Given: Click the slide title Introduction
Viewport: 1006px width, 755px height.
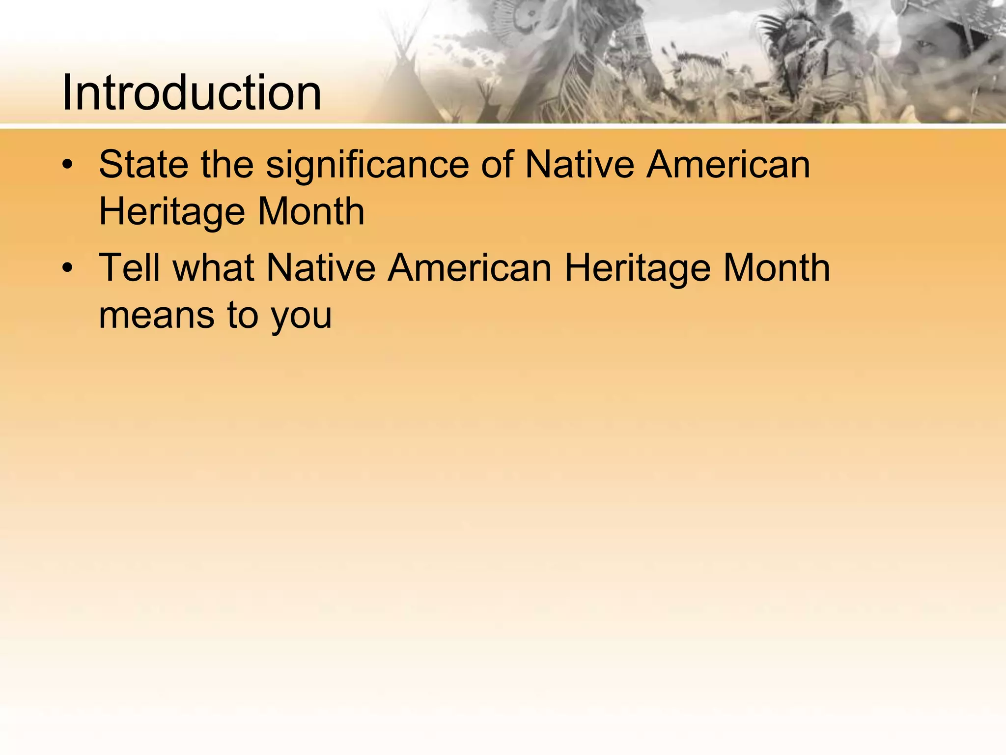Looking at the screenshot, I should (x=192, y=92).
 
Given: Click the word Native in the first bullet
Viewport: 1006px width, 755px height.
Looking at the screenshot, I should (x=580, y=164).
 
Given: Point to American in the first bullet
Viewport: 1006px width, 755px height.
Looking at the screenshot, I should (x=728, y=164).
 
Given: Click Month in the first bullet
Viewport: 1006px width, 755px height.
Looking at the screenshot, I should (x=311, y=211).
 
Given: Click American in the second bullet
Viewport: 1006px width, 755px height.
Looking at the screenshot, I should (x=470, y=267).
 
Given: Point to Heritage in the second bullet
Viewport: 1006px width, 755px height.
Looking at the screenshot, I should (x=637, y=268).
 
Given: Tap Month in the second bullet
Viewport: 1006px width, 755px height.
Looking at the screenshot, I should (x=777, y=267).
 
